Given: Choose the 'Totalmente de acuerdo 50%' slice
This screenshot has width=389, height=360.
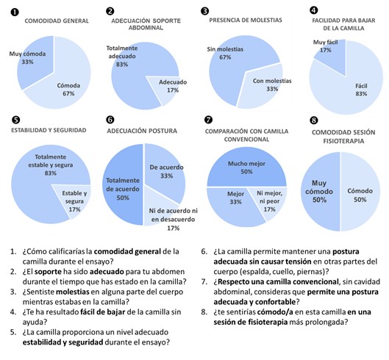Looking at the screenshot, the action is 123,184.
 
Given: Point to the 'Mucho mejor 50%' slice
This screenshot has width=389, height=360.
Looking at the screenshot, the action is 246,168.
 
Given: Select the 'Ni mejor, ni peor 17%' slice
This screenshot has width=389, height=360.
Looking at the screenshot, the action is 271,201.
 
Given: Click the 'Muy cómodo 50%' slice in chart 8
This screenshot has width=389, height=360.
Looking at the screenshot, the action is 321,192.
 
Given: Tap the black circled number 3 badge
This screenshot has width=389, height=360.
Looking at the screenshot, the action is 204,11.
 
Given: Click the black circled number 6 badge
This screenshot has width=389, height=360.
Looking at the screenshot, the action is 110,120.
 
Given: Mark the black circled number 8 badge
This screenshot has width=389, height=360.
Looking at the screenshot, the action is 314,120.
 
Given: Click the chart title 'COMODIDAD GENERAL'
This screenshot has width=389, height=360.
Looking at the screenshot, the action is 57,21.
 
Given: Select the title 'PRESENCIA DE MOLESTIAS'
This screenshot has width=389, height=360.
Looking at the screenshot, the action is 246,20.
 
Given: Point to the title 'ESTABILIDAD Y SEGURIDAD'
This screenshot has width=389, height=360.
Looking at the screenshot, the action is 49,130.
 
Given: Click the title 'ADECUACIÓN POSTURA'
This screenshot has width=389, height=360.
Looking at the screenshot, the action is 142,131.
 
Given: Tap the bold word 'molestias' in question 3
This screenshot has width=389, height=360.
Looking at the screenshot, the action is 73,292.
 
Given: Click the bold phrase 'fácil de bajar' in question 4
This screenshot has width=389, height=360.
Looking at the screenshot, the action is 103,312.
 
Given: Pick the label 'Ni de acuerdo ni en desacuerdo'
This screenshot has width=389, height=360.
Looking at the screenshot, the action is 173,215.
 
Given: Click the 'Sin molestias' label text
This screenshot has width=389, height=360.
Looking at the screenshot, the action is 225,49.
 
